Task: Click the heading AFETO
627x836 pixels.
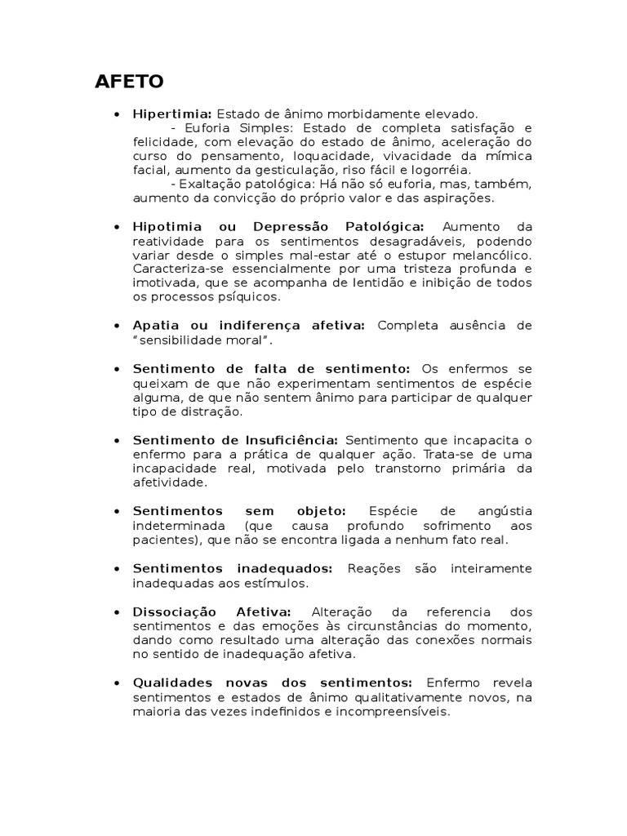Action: [x=130, y=82]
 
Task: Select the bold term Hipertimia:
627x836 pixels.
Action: [x=172, y=113]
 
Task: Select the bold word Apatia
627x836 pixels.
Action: [x=154, y=325]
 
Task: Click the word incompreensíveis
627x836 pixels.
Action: [x=398, y=711]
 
